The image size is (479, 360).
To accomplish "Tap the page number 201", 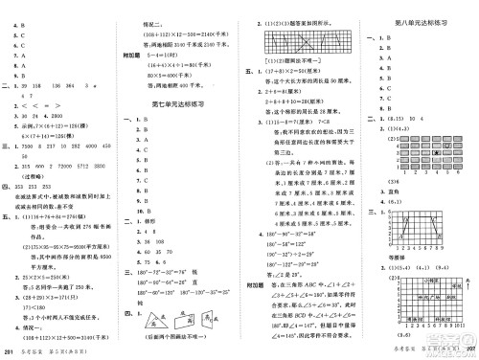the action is coord(9,353).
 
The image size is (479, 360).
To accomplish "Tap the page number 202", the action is coord(468,352).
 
